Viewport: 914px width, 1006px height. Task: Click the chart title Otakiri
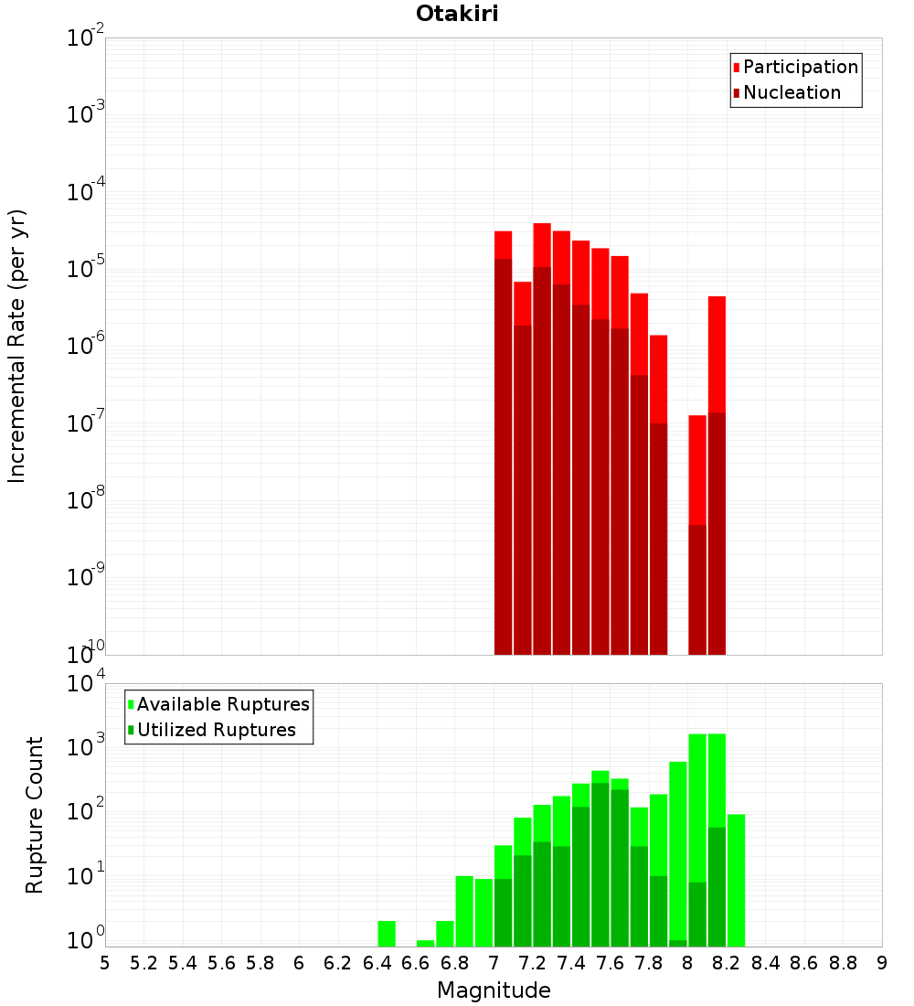457,14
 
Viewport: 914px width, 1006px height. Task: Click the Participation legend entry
801,68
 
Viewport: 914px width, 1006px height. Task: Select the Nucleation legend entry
792,93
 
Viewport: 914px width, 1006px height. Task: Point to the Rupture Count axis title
35,814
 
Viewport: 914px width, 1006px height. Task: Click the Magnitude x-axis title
494,990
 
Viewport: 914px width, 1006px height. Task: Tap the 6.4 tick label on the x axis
377,963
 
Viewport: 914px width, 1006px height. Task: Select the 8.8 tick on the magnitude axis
843,963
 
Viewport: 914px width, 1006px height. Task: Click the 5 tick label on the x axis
105,963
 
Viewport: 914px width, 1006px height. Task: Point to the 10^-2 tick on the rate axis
86,38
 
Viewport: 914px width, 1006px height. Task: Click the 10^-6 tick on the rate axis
86,347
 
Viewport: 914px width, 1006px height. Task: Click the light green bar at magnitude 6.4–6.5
387,934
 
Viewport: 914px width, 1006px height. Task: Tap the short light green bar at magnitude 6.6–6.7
425,943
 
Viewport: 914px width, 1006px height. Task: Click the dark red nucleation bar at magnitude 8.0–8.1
697,590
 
